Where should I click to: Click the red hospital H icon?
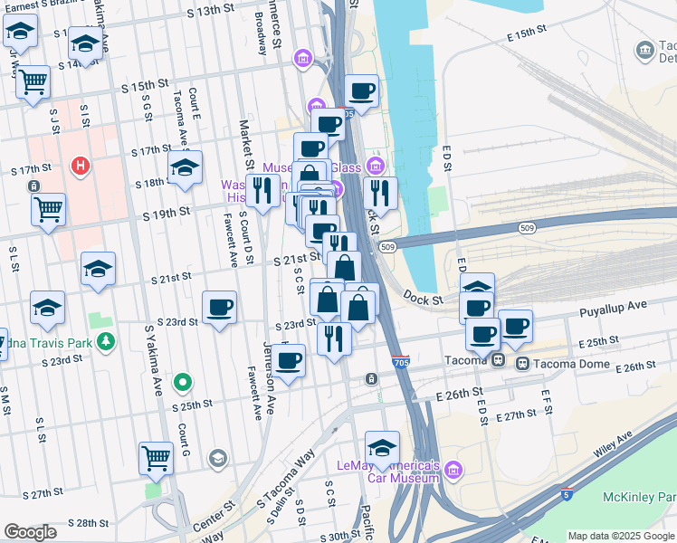click(x=81, y=167)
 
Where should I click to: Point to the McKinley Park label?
click(x=639, y=497)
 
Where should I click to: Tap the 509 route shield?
click(x=388, y=246)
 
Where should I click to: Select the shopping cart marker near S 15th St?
click(x=33, y=81)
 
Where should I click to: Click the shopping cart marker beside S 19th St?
click(x=49, y=208)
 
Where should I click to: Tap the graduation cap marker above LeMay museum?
click(x=382, y=447)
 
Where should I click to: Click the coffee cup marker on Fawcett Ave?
click(x=219, y=308)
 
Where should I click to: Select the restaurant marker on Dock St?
click(x=380, y=193)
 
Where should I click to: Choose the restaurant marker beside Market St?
click(x=262, y=190)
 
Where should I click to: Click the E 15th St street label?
click(x=529, y=33)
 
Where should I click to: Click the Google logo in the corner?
click(x=30, y=531)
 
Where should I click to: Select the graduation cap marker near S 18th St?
click(x=185, y=167)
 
